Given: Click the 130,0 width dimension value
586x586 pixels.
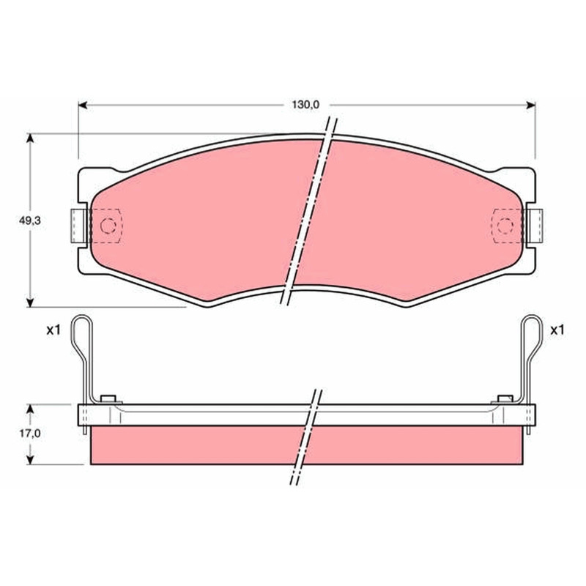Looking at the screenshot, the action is [305, 105].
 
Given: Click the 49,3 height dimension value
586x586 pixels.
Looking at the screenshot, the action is [30, 220].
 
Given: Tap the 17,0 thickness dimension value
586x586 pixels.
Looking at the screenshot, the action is [30, 434].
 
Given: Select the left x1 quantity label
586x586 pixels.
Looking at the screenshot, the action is [53, 330].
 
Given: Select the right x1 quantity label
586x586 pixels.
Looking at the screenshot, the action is [557, 330].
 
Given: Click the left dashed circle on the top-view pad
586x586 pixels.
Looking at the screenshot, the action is [108, 226].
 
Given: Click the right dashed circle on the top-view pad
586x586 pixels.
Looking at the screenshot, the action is [505, 226].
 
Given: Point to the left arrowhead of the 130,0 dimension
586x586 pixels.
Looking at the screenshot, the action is [83, 105].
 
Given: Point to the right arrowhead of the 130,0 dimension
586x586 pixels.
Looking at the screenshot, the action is [530, 105].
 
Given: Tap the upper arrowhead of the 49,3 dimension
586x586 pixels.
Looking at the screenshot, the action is [30, 138].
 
